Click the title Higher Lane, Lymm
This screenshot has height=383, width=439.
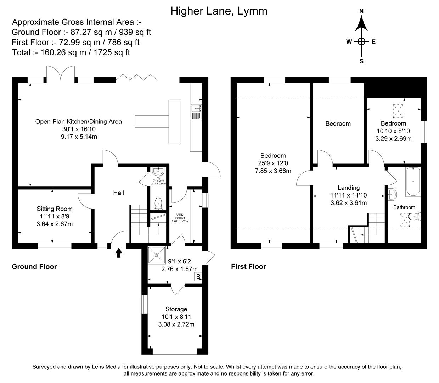pos(219,11)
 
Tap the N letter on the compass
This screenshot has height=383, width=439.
pos(361,11)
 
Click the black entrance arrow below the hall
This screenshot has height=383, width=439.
pos(119,252)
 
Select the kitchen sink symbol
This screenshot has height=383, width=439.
pos(196,112)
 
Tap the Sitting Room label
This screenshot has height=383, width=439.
pos(55,209)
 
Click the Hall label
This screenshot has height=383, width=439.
pos(118,193)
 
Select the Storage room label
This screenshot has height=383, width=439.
pos(176,309)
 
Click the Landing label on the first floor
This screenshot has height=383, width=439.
pos(348,188)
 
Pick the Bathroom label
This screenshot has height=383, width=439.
pos(404,207)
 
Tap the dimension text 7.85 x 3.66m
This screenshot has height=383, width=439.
pos(273,171)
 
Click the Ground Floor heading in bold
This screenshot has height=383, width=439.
pos(34,267)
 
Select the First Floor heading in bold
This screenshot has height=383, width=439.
pos(248,267)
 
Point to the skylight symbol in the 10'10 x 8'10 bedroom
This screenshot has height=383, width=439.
pos(398,111)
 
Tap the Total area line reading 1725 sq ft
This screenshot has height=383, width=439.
pos(71,52)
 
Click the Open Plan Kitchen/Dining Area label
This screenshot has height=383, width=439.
pos(78,122)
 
